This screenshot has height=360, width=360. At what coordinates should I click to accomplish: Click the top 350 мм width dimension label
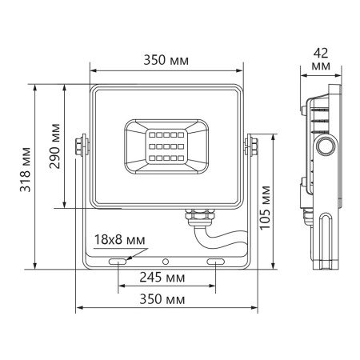tap(167, 58)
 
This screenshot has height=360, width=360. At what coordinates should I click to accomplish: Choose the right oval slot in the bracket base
tap(216, 262)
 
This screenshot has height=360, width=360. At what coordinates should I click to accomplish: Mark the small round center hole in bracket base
tap(166, 262)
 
